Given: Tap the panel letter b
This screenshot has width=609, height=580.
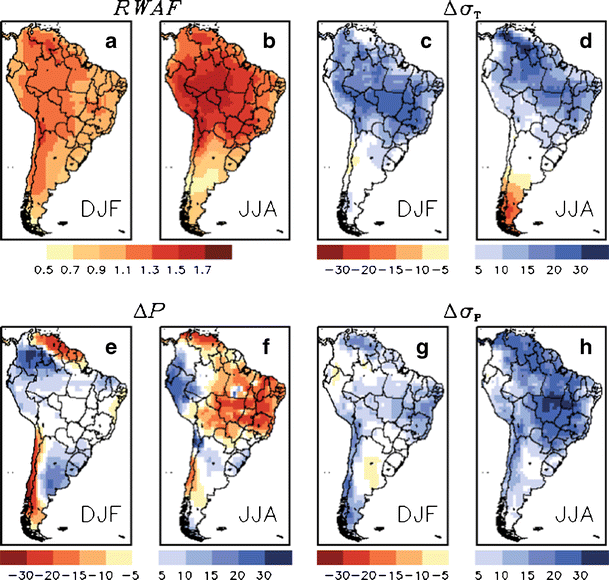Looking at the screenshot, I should (x=268, y=43).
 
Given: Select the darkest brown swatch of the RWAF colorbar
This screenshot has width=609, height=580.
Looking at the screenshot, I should (x=220, y=251).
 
